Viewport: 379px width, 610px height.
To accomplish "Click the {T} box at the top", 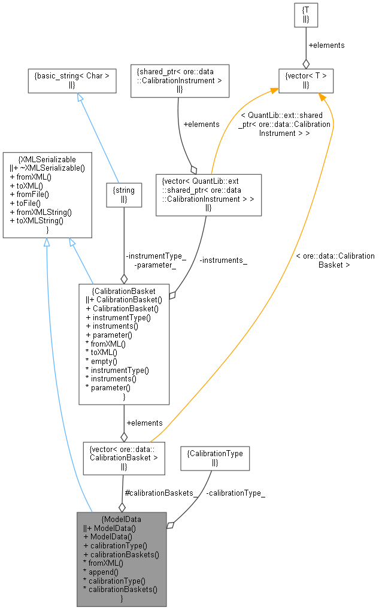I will pyautogui.click(x=305, y=16).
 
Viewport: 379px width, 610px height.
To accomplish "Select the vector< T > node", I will pyautogui.click(x=305, y=80).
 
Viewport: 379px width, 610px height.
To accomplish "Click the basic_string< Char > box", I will pyautogui.click(x=72, y=80).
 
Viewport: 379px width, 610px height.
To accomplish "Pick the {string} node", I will pyautogui.click(x=124, y=195).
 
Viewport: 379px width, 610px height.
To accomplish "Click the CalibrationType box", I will pyautogui.click(x=214, y=458).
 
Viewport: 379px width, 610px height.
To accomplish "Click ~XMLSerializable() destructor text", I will pyautogui.click(x=51, y=168).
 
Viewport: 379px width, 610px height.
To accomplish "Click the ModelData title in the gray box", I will pyautogui.click(x=122, y=519).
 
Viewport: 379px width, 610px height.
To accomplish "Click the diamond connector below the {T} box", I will pyautogui.click(x=306, y=63).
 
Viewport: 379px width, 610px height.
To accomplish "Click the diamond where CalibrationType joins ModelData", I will pyautogui.click(x=171, y=525).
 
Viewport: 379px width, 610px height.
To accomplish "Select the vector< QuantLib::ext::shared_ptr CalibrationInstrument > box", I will pyautogui.click(x=208, y=195).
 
